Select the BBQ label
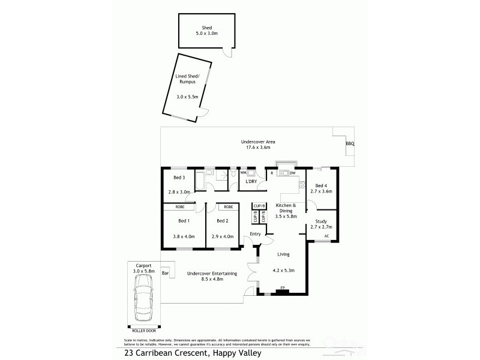[350, 144]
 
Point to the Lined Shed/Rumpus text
[187, 80]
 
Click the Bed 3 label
[179, 178]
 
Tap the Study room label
[321, 222]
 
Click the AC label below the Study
[326, 236]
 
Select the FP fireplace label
[282, 289]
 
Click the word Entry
[256, 234]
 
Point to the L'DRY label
[251, 181]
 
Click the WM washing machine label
[244, 173]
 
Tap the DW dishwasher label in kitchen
[293, 173]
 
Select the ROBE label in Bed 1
[179, 207]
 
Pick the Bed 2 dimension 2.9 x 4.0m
[221, 236]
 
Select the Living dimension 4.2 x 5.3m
[283, 271]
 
